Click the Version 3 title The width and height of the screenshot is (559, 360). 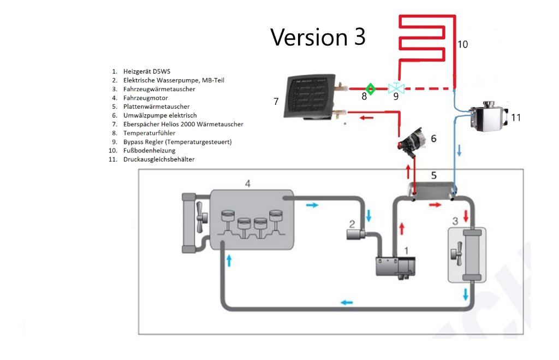(318, 37)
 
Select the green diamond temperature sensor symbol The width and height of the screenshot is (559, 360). (371, 89)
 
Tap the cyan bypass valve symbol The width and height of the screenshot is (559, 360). (396, 88)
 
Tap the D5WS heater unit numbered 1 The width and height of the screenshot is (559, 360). (396, 268)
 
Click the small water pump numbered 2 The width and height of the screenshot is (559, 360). (356, 234)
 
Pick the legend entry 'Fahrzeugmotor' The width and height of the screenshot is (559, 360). (145, 98)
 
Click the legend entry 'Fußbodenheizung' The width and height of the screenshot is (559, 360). (150, 151)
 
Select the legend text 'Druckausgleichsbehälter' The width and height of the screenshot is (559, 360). (159, 160)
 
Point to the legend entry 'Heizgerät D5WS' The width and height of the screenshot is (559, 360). (147, 72)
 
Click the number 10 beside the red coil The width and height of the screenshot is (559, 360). (462, 44)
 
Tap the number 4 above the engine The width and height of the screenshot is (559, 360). (248, 184)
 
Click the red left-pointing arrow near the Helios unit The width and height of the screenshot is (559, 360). (366, 118)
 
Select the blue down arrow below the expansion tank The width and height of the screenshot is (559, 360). (459, 150)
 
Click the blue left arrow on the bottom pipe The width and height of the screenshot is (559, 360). (347, 303)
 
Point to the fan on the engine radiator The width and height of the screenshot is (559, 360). (201, 217)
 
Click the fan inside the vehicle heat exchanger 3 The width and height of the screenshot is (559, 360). (456, 253)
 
